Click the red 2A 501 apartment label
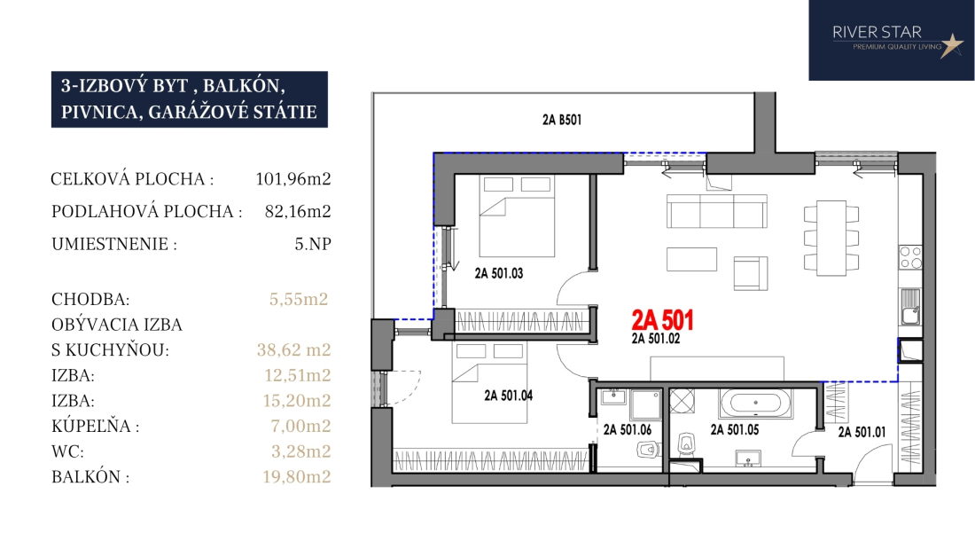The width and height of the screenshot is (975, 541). pos(662,320)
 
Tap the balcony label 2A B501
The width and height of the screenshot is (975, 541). pos(562,120)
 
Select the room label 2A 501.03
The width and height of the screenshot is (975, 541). pos(499,273)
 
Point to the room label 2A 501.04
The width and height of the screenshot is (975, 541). pos(509,396)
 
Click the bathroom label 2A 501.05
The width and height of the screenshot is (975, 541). pos(735,429)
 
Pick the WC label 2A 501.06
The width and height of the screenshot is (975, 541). pos(628,429)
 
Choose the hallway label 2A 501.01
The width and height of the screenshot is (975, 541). pos(862,432)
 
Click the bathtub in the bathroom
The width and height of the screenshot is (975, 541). pos(755,403)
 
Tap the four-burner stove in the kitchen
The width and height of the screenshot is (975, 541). pos(911,257)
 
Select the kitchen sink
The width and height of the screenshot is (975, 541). pos(911,307)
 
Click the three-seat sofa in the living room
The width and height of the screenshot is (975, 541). pos(717,211)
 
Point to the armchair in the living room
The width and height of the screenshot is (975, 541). pos(751,274)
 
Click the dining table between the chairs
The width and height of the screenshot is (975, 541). pos(831,239)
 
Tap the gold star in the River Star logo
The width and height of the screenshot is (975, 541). pos(951,45)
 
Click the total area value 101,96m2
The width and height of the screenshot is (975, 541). pos(293,179)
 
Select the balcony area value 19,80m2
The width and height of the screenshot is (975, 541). pos(297,477)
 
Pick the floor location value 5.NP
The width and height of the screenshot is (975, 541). pos(313,244)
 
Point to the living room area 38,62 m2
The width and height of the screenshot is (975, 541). pos(294,350)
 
